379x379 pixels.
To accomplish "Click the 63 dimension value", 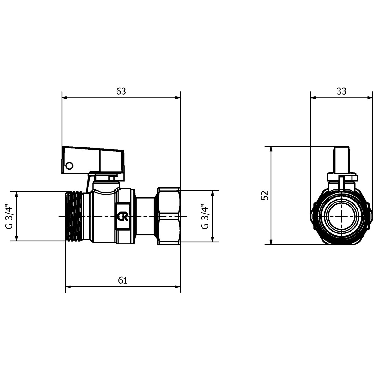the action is (121, 91).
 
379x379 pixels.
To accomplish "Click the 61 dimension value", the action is (123, 280).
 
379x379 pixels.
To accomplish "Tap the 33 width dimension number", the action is (341, 91).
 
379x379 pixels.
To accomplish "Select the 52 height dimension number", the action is (265, 195).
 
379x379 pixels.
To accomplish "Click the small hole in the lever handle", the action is (69, 166).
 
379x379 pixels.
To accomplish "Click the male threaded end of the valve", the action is (74, 216).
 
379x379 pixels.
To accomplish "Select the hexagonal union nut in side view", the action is (169, 216).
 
